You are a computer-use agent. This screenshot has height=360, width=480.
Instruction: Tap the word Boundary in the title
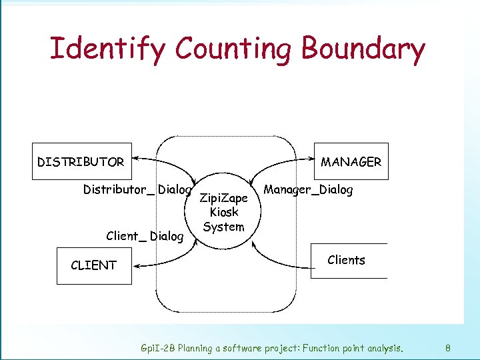point(363,49)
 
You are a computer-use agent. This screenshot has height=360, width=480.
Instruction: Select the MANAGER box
point(351,161)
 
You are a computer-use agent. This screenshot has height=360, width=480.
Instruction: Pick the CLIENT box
point(94,265)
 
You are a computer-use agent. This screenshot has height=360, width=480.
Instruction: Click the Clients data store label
point(347,260)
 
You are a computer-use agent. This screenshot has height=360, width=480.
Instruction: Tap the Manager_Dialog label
point(308,189)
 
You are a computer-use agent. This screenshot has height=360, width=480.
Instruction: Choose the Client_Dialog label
point(145,235)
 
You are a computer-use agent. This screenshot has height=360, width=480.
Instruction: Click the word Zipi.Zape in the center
point(224,199)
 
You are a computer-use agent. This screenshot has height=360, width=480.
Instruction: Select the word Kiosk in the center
point(224,213)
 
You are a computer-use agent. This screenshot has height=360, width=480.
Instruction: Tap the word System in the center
point(224,227)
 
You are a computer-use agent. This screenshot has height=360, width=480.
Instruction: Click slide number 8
point(448,348)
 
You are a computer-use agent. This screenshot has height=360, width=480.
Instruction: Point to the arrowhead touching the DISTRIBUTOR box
point(136,159)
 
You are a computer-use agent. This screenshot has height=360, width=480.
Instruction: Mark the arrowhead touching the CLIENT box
point(135,266)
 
